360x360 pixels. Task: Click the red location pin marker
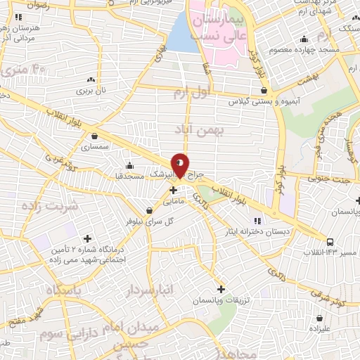pyautogui.click(x=181, y=165)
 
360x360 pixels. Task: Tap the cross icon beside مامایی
pyautogui.click(x=173, y=190)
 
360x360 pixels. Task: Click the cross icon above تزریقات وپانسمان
pyautogui.click(x=221, y=288)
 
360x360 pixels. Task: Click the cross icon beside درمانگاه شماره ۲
pyautogui.click(x=87, y=238)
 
